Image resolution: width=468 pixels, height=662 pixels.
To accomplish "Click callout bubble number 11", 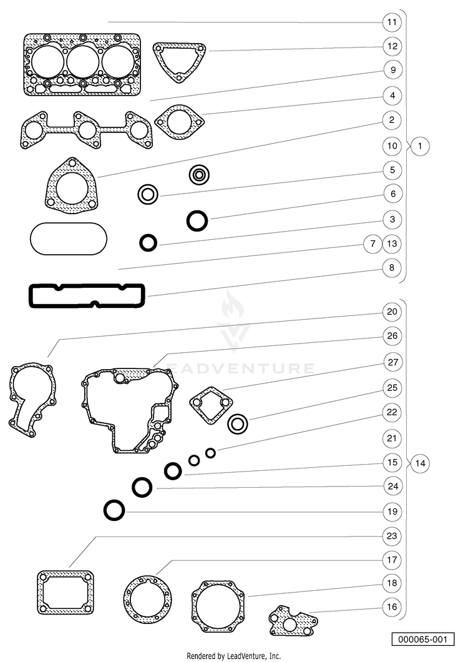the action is click(x=392, y=22).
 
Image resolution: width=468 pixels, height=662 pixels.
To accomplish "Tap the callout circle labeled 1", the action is click(x=419, y=146).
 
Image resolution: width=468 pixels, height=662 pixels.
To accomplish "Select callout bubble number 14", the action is click(x=420, y=463).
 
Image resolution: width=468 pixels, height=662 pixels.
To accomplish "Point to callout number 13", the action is click(x=392, y=244).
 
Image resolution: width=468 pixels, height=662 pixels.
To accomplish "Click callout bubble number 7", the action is click(x=373, y=244).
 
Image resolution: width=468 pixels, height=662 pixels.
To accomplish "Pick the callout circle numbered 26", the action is click(x=392, y=336).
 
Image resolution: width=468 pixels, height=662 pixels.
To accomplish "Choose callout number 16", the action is click(x=392, y=606).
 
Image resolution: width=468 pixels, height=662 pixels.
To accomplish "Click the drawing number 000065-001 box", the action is click(x=423, y=639).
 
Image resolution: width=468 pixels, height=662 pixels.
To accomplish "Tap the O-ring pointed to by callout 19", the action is click(x=105, y=510).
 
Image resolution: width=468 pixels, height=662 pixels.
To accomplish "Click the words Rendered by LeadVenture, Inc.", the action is click(x=233, y=656).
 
